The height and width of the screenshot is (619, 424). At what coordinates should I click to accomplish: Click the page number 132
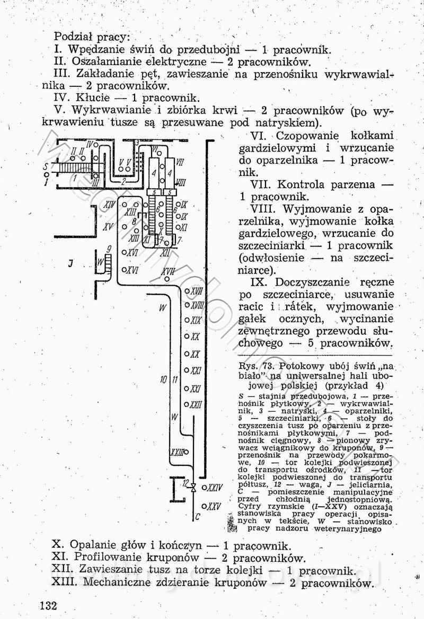[47, 606]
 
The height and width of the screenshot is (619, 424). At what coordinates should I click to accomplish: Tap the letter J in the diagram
[70, 262]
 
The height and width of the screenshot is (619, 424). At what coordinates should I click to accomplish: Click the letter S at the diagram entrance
[46, 164]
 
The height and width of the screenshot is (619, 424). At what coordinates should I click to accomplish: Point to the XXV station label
[214, 506]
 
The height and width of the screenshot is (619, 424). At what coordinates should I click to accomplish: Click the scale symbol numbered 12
[193, 487]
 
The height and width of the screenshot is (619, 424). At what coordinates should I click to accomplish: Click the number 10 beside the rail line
[164, 379]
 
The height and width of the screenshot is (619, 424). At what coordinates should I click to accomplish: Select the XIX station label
[196, 321]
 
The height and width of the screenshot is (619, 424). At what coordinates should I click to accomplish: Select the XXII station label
[196, 405]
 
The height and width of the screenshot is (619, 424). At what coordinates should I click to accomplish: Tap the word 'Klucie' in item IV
[92, 98]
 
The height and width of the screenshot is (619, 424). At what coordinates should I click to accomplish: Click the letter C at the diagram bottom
[197, 515]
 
